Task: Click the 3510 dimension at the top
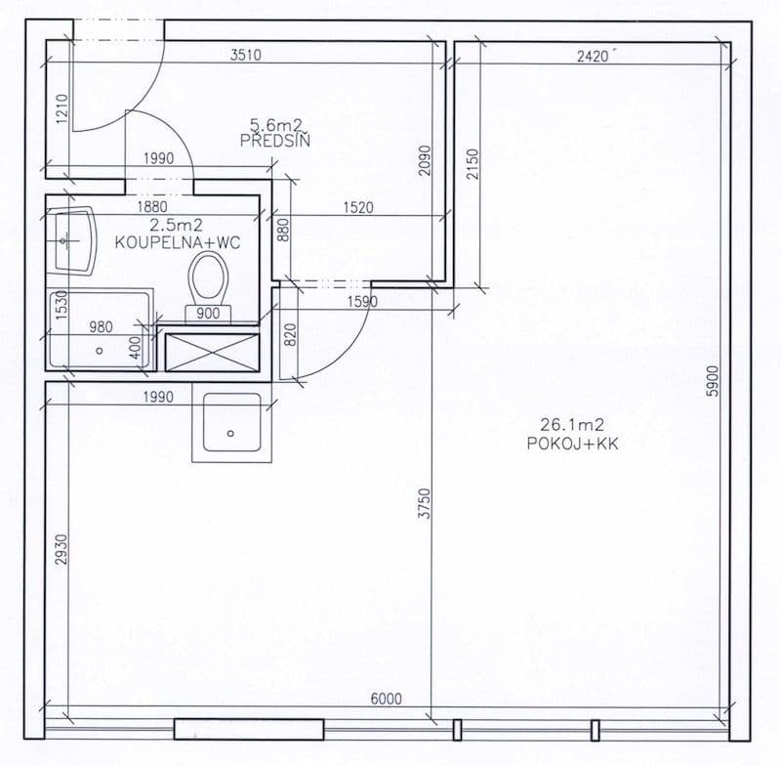(x=245, y=56)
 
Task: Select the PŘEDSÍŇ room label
(x=273, y=140)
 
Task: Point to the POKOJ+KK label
(x=573, y=443)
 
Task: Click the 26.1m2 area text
(x=572, y=425)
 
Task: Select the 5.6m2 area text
(x=274, y=124)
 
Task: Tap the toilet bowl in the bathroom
(x=209, y=277)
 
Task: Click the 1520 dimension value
(x=358, y=208)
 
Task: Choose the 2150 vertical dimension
(x=473, y=163)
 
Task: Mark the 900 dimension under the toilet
(x=208, y=313)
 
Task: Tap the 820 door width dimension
(x=290, y=337)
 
